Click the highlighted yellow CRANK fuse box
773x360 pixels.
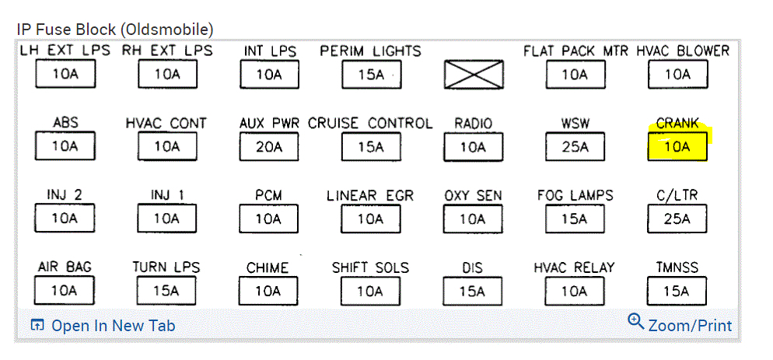pyautogui.click(x=677, y=146)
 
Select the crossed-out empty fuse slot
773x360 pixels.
pyautogui.click(x=473, y=75)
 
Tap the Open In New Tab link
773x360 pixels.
pyautogui.click(x=113, y=326)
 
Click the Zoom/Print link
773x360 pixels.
pyautogui.click(x=690, y=325)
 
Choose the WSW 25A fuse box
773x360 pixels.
pyautogui.click(x=575, y=146)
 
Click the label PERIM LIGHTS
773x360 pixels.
pyautogui.click(x=370, y=51)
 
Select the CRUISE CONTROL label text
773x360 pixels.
pyautogui.click(x=370, y=123)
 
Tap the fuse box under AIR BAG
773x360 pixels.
pyautogui.click(x=65, y=291)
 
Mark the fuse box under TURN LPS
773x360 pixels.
pyautogui.click(x=166, y=291)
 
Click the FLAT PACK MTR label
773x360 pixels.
pyautogui.click(x=575, y=51)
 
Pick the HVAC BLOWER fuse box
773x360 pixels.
pyautogui.click(x=677, y=75)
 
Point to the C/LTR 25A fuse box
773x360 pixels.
pyautogui.click(x=677, y=218)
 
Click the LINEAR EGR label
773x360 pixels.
pyautogui.click(x=370, y=195)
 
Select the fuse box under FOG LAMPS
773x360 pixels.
pyautogui.click(x=575, y=218)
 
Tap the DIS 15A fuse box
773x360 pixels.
pyautogui.click(x=473, y=291)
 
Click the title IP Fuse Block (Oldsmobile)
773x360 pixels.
pyautogui.click(x=114, y=30)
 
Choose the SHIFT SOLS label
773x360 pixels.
pyautogui.click(x=370, y=267)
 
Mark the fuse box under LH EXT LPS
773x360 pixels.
pyautogui.click(x=65, y=75)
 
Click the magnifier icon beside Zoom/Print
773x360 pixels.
pyautogui.click(x=636, y=321)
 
